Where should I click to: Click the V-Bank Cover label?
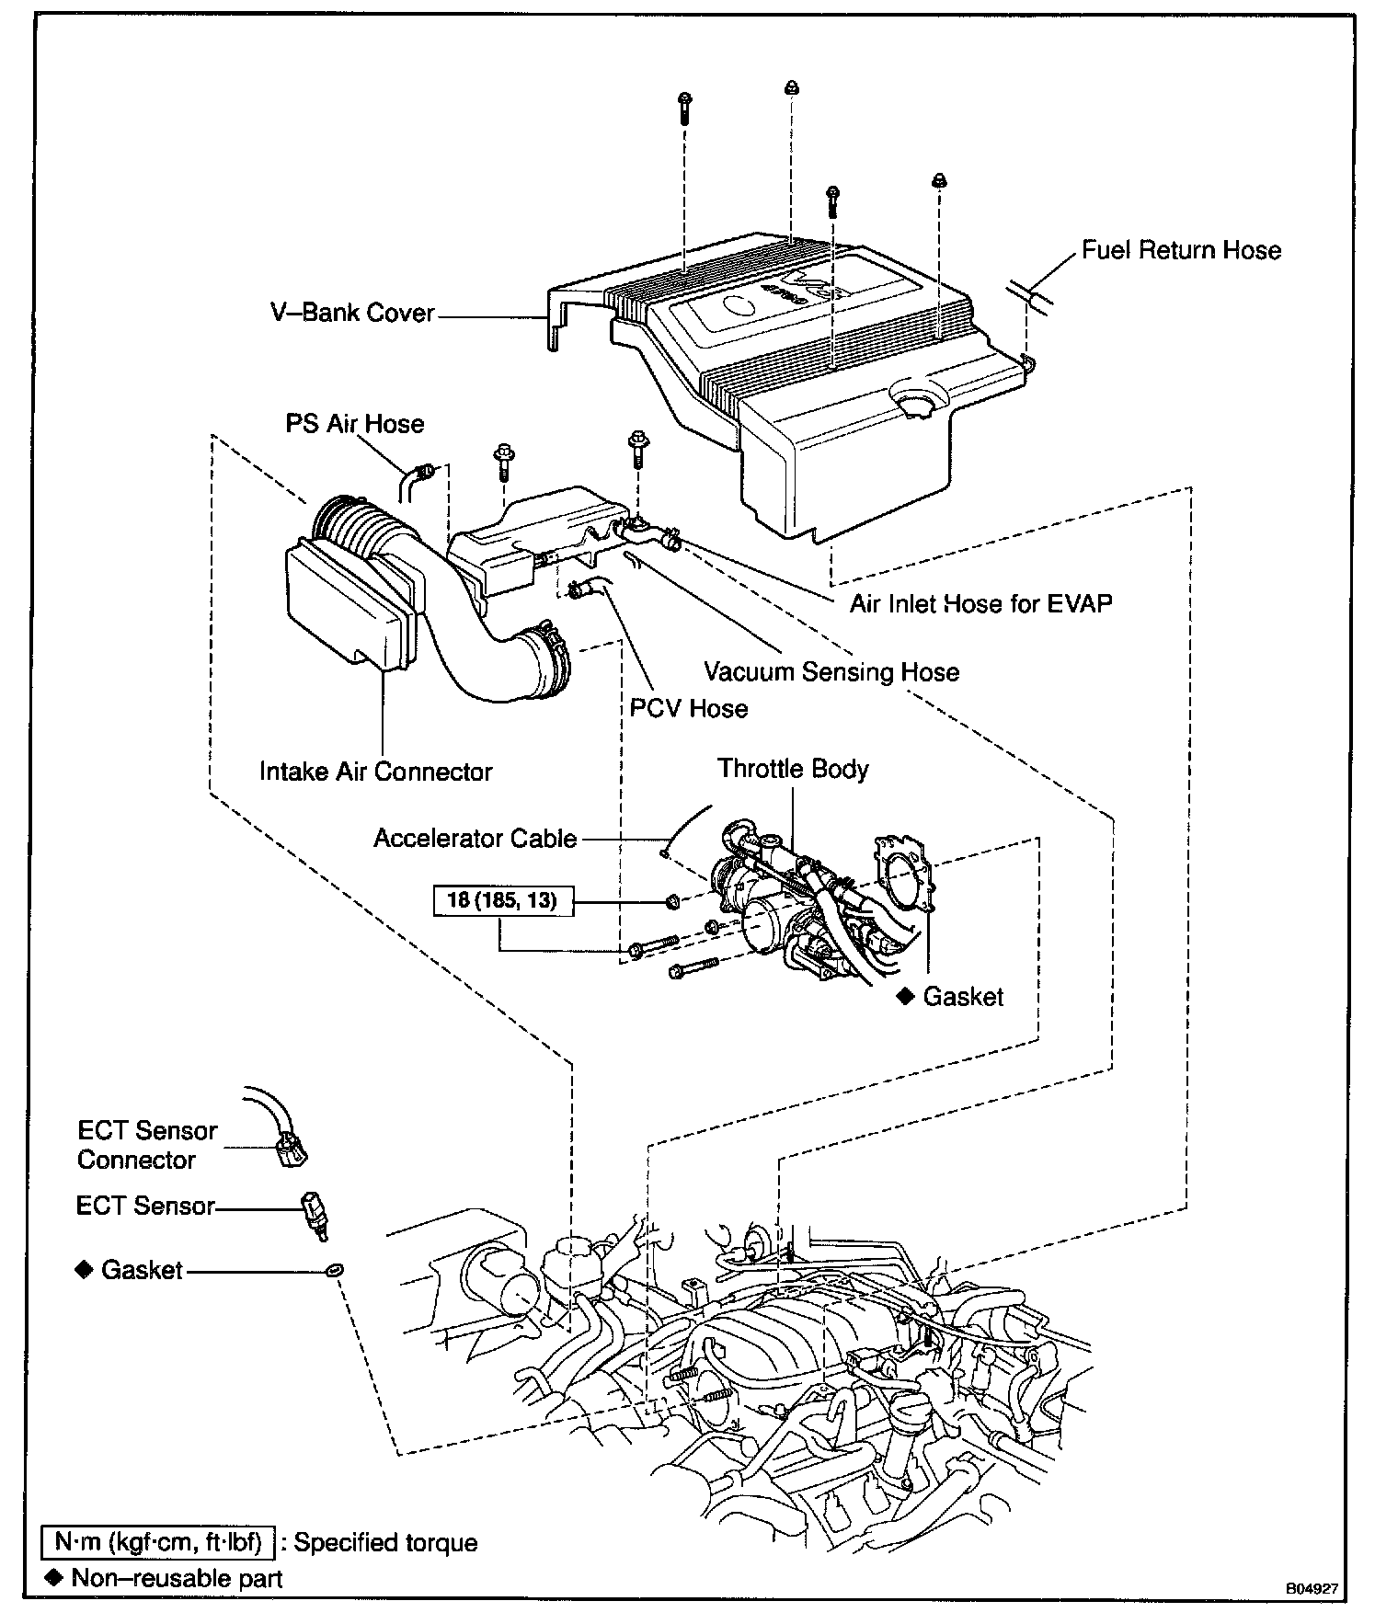[x=351, y=313]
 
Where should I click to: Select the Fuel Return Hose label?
[x=1181, y=250]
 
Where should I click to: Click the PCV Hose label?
[x=688, y=708]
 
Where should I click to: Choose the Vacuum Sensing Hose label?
[x=831, y=671]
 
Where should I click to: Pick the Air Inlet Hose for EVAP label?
[x=980, y=603]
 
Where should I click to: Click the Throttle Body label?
[x=793, y=769]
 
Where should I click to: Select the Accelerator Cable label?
[x=475, y=839]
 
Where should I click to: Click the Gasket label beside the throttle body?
[x=963, y=997]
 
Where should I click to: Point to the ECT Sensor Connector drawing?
[x=291, y=1149]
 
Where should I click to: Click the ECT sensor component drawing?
[x=315, y=1213]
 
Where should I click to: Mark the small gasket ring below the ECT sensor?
[x=335, y=1270]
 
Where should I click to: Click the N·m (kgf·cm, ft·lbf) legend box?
[x=158, y=1541]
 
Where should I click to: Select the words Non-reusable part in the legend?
[x=177, y=1579]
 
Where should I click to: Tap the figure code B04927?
[x=1312, y=1588]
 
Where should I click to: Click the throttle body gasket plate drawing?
[x=904, y=873]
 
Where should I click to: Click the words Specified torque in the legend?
[x=385, y=1542]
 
